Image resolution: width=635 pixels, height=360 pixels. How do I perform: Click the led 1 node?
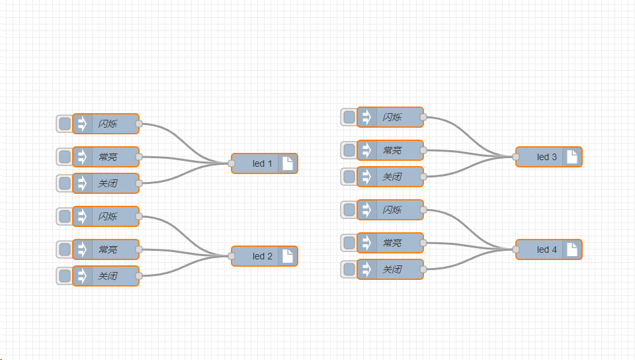click(x=262, y=163)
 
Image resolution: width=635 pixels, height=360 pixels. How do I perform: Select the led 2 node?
click(x=262, y=256)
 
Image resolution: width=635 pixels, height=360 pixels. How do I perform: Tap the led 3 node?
click(x=546, y=157)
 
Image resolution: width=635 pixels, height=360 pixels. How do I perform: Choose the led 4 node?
click(x=546, y=249)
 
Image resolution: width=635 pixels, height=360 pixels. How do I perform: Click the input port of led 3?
click(x=516, y=157)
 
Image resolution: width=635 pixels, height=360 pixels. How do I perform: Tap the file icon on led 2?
click(x=288, y=256)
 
